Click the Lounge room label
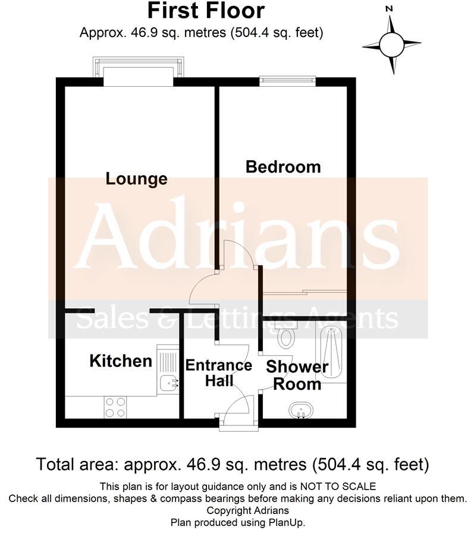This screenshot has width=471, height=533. [x=136, y=178]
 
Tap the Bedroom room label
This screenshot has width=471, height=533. [x=283, y=167]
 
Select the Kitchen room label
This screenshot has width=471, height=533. [x=121, y=361]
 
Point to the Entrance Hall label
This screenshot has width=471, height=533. [x=219, y=373]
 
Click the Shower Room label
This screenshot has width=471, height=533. [x=297, y=375]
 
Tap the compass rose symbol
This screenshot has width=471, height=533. [x=391, y=45]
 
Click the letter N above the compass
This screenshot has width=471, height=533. [x=390, y=9]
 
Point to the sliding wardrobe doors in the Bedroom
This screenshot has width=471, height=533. [x=304, y=292]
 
